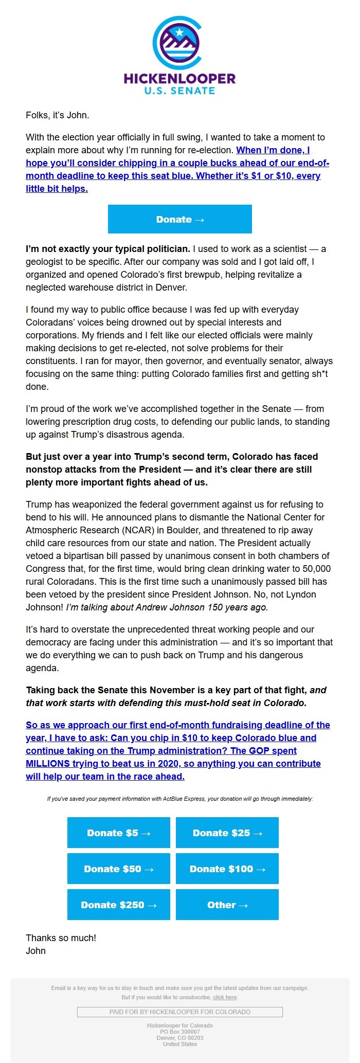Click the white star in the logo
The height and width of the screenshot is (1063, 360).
coord(179,33)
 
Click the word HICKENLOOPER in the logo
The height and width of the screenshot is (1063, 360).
coord(179,79)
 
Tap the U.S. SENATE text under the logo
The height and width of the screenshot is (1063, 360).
coord(179,91)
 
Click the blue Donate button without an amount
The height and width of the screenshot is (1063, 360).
coord(180,219)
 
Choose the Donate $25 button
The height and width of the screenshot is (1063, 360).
coord(227,833)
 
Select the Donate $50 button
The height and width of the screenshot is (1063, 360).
coord(119,869)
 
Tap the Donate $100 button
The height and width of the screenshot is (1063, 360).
coord(227,869)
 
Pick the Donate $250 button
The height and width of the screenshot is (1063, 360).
coord(119,905)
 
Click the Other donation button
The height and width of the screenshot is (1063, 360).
coord(227,905)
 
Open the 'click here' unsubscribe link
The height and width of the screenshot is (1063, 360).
coord(225,997)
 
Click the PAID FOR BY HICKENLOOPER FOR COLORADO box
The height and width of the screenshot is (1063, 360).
coord(180,1012)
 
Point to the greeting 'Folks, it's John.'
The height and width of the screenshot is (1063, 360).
coord(58,115)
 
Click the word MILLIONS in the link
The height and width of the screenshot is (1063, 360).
coord(48,764)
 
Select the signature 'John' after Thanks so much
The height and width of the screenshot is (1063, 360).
coord(35,951)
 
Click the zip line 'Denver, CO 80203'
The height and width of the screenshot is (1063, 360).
coord(180,1038)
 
